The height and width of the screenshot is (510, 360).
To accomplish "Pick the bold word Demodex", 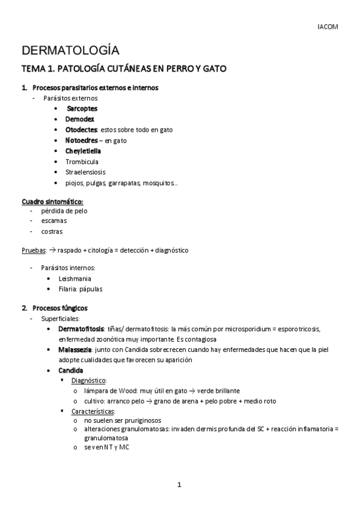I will (80, 119).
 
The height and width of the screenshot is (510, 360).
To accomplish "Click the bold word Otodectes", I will (82, 130).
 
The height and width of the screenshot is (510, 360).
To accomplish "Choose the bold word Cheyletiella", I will (83, 151).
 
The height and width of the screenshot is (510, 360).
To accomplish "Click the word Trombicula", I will (82, 162).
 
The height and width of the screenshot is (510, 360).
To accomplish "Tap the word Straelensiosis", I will (85, 172).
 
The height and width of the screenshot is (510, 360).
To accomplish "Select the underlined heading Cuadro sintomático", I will (52, 201).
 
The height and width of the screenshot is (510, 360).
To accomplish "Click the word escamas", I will (53, 221).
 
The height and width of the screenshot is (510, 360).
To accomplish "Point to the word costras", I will (52, 231).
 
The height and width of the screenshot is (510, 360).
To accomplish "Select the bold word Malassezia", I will (75, 349).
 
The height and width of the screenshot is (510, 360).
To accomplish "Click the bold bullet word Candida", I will (70, 370).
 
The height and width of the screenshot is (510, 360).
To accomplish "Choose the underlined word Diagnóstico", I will (89, 381).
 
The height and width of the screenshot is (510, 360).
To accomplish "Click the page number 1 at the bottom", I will (179, 485).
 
